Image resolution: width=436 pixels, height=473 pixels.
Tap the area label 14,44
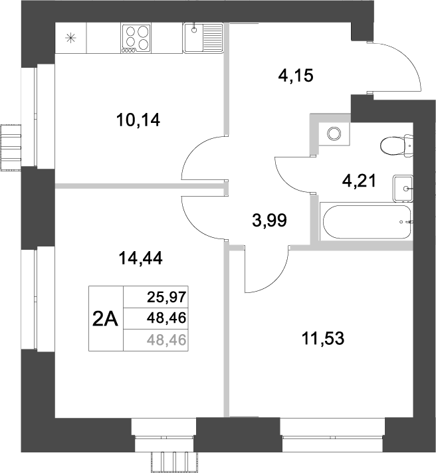point(141,258)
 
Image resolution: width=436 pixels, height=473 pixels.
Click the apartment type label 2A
point(105,320)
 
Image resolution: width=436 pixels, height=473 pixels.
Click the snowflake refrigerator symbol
point(71,37)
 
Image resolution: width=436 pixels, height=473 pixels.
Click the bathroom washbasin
point(403,189)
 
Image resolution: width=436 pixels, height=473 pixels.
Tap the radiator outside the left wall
point(11,145)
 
